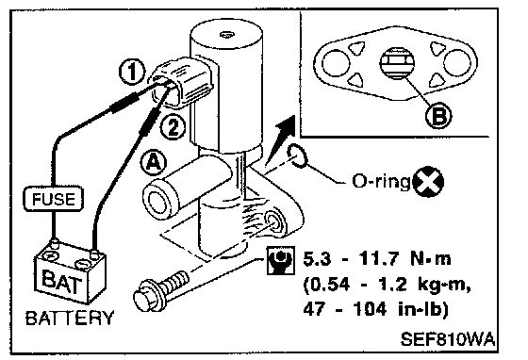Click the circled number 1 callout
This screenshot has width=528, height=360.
(x=132, y=72)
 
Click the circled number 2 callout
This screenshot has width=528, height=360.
(x=173, y=127)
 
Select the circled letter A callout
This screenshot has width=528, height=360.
(x=153, y=163)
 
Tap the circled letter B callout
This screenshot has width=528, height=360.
(x=438, y=115)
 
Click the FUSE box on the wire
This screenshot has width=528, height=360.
(x=53, y=199)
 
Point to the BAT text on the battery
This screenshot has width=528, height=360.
(x=61, y=282)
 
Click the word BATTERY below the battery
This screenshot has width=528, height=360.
(x=70, y=318)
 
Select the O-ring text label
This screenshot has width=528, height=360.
(x=381, y=182)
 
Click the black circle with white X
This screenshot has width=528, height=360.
(x=428, y=181)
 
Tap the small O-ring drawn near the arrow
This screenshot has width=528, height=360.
(x=297, y=155)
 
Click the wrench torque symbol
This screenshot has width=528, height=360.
(x=281, y=260)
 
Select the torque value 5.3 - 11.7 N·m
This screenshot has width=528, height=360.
(x=377, y=259)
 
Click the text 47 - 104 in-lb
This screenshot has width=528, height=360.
(x=376, y=308)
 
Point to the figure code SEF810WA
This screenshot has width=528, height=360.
(x=448, y=339)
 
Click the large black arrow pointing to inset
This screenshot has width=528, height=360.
(x=281, y=139)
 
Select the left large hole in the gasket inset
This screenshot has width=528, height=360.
(x=336, y=62)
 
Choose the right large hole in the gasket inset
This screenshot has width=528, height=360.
(x=457, y=62)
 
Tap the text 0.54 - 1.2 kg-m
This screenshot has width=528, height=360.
(x=387, y=285)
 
